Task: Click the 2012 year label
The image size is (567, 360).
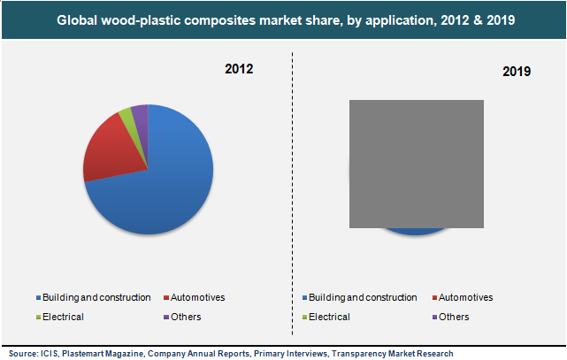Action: click(x=239, y=69)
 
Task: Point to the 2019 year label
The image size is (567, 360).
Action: click(x=517, y=72)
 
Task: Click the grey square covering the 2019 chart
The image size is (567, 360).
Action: click(x=417, y=164)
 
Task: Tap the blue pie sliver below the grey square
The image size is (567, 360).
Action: click(x=415, y=232)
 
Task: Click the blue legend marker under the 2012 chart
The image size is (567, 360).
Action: click(x=38, y=298)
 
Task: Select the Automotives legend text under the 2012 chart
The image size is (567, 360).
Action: click(x=197, y=297)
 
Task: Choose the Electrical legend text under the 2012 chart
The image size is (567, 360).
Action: click(x=63, y=317)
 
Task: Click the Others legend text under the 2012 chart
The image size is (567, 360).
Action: click(x=186, y=317)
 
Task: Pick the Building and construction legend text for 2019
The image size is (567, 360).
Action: click(x=363, y=297)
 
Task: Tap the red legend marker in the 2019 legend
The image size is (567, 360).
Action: click(x=434, y=298)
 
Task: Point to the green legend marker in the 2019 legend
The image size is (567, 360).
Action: click(x=304, y=318)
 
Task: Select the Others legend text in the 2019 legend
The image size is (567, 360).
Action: click(x=454, y=317)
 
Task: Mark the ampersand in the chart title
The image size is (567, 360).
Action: click(x=478, y=20)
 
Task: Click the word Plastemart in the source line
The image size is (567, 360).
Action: click(x=83, y=354)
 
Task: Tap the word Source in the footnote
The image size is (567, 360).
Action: click(x=23, y=354)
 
